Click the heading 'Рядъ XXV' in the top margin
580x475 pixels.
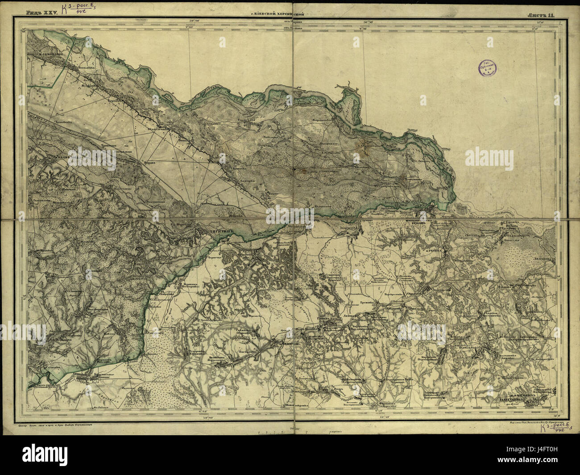coord(42,14)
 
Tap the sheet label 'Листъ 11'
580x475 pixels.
coord(540,15)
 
